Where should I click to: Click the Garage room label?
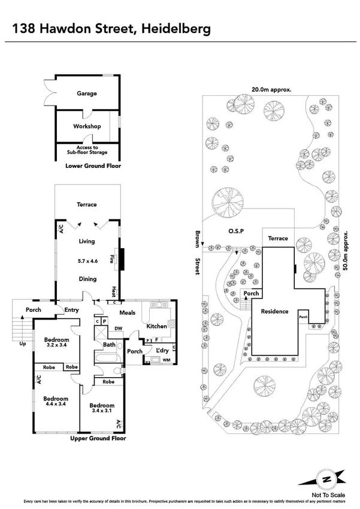click(86, 94)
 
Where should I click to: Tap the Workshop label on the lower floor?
click(86, 127)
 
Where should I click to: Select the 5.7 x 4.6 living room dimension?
click(87, 261)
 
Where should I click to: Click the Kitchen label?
click(156, 326)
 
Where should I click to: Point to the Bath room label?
click(109, 345)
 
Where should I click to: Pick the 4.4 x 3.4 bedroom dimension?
click(55, 405)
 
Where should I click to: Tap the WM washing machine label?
click(166, 359)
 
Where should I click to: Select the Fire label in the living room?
click(111, 260)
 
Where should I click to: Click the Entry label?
click(72, 309)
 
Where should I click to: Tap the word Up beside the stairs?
click(23, 344)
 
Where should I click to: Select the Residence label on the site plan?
click(274, 311)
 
